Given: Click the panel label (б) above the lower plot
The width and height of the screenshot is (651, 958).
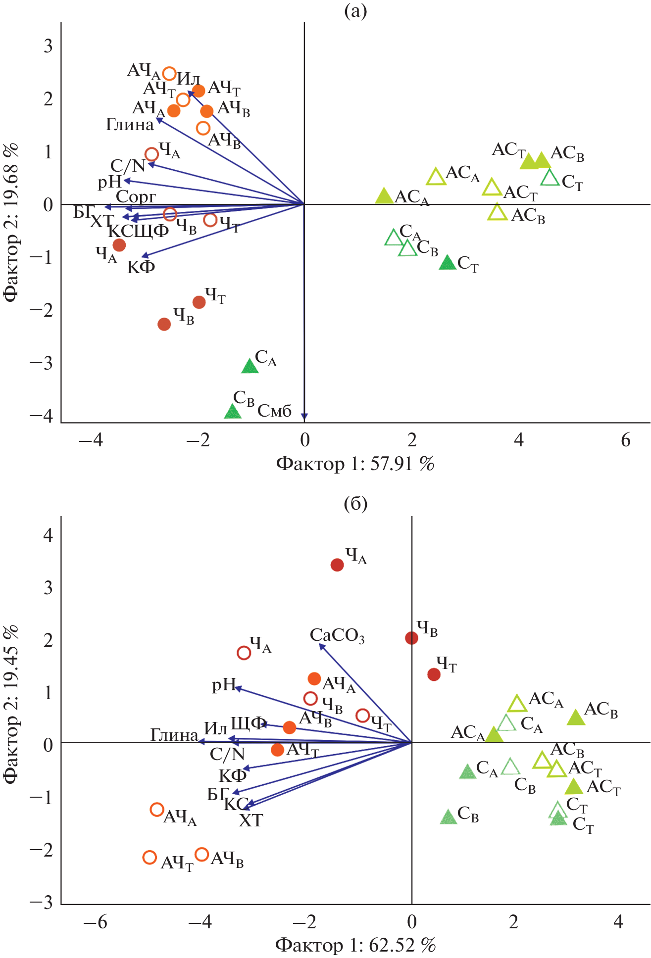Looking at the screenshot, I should coord(355,504).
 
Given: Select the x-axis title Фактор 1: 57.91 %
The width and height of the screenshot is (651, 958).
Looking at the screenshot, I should coord(355,464).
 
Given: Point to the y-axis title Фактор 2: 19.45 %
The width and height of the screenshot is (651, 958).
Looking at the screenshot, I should coord(11,705).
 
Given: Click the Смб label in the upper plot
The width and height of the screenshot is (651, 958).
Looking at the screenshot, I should coord(275,411).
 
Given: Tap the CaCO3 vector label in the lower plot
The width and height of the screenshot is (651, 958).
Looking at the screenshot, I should coord(337,635).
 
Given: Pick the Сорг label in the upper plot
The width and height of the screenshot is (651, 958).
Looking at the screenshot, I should coord(136,196).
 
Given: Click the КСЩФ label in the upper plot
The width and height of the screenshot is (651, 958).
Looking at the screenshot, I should coord(139,231).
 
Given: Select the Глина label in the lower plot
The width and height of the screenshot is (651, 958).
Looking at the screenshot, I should coord(174,735).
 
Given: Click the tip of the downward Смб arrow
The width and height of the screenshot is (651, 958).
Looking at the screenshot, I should coord(304,419).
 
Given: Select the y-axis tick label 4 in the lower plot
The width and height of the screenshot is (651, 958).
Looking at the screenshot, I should coord(48,535).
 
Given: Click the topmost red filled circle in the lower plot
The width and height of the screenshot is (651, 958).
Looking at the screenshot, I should coord(337,565).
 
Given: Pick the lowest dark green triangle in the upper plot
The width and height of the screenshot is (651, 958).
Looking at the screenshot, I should coord(233,412).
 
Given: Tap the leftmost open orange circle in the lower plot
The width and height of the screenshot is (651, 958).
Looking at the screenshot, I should coord(150,857).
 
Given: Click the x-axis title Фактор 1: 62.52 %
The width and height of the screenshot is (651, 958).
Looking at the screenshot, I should coord(355,945).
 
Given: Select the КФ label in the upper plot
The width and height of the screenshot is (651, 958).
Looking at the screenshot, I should coord(141,267).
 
